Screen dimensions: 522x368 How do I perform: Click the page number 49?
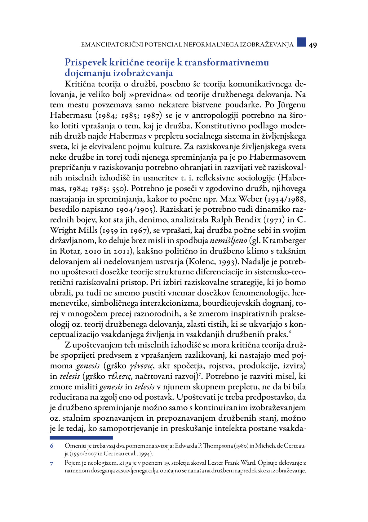point(313,45)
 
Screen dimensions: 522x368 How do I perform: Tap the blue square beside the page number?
point(301,42)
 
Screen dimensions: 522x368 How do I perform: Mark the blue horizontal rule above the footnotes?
point(81,438)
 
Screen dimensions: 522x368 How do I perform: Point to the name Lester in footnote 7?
point(215,463)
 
